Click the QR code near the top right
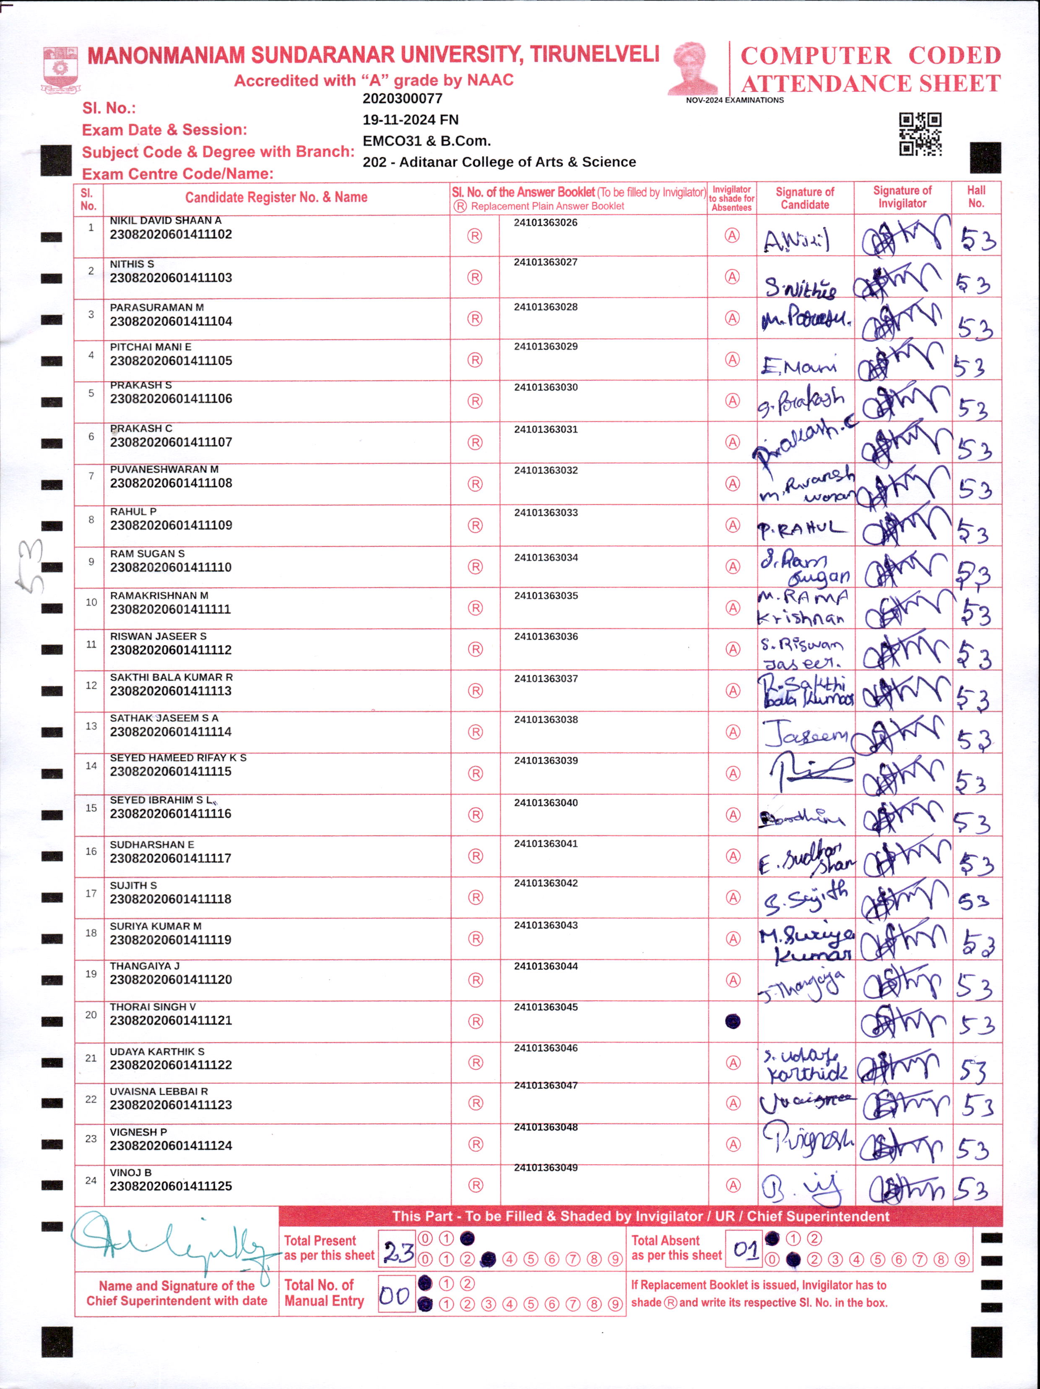pos(920,134)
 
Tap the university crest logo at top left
pos(60,69)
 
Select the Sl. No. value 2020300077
pos(403,99)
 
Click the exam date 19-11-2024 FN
pos(411,120)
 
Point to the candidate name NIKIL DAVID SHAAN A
pos(165,221)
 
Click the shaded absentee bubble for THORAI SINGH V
pos(732,1022)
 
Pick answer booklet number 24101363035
pos(546,595)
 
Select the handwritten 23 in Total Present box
pos(398,1254)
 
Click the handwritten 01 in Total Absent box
pos(745,1249)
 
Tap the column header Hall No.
pos(975,197)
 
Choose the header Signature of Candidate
pos(804,198)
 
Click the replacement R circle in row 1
pos(475,236)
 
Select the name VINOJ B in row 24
pos(130,1172)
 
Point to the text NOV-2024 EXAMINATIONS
pos(734,100)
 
